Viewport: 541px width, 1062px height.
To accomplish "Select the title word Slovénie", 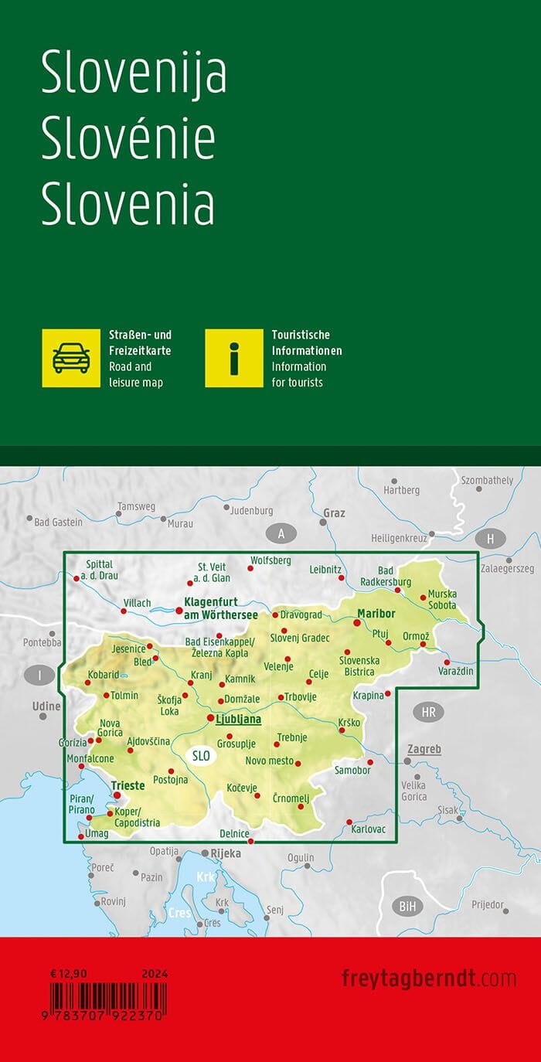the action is [128, 141].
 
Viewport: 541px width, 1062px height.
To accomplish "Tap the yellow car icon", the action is [71, 358].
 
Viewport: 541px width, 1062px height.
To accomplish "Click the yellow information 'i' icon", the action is [234, 358].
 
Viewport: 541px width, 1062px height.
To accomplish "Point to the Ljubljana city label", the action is [238, 719].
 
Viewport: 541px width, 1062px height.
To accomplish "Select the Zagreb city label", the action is [424, 749].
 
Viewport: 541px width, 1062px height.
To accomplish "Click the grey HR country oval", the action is [428, 712].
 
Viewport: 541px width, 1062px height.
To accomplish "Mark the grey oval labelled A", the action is [282, 533].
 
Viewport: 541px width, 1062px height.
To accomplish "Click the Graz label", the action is [334, 512].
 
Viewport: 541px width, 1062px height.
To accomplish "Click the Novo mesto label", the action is [269, 761].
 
